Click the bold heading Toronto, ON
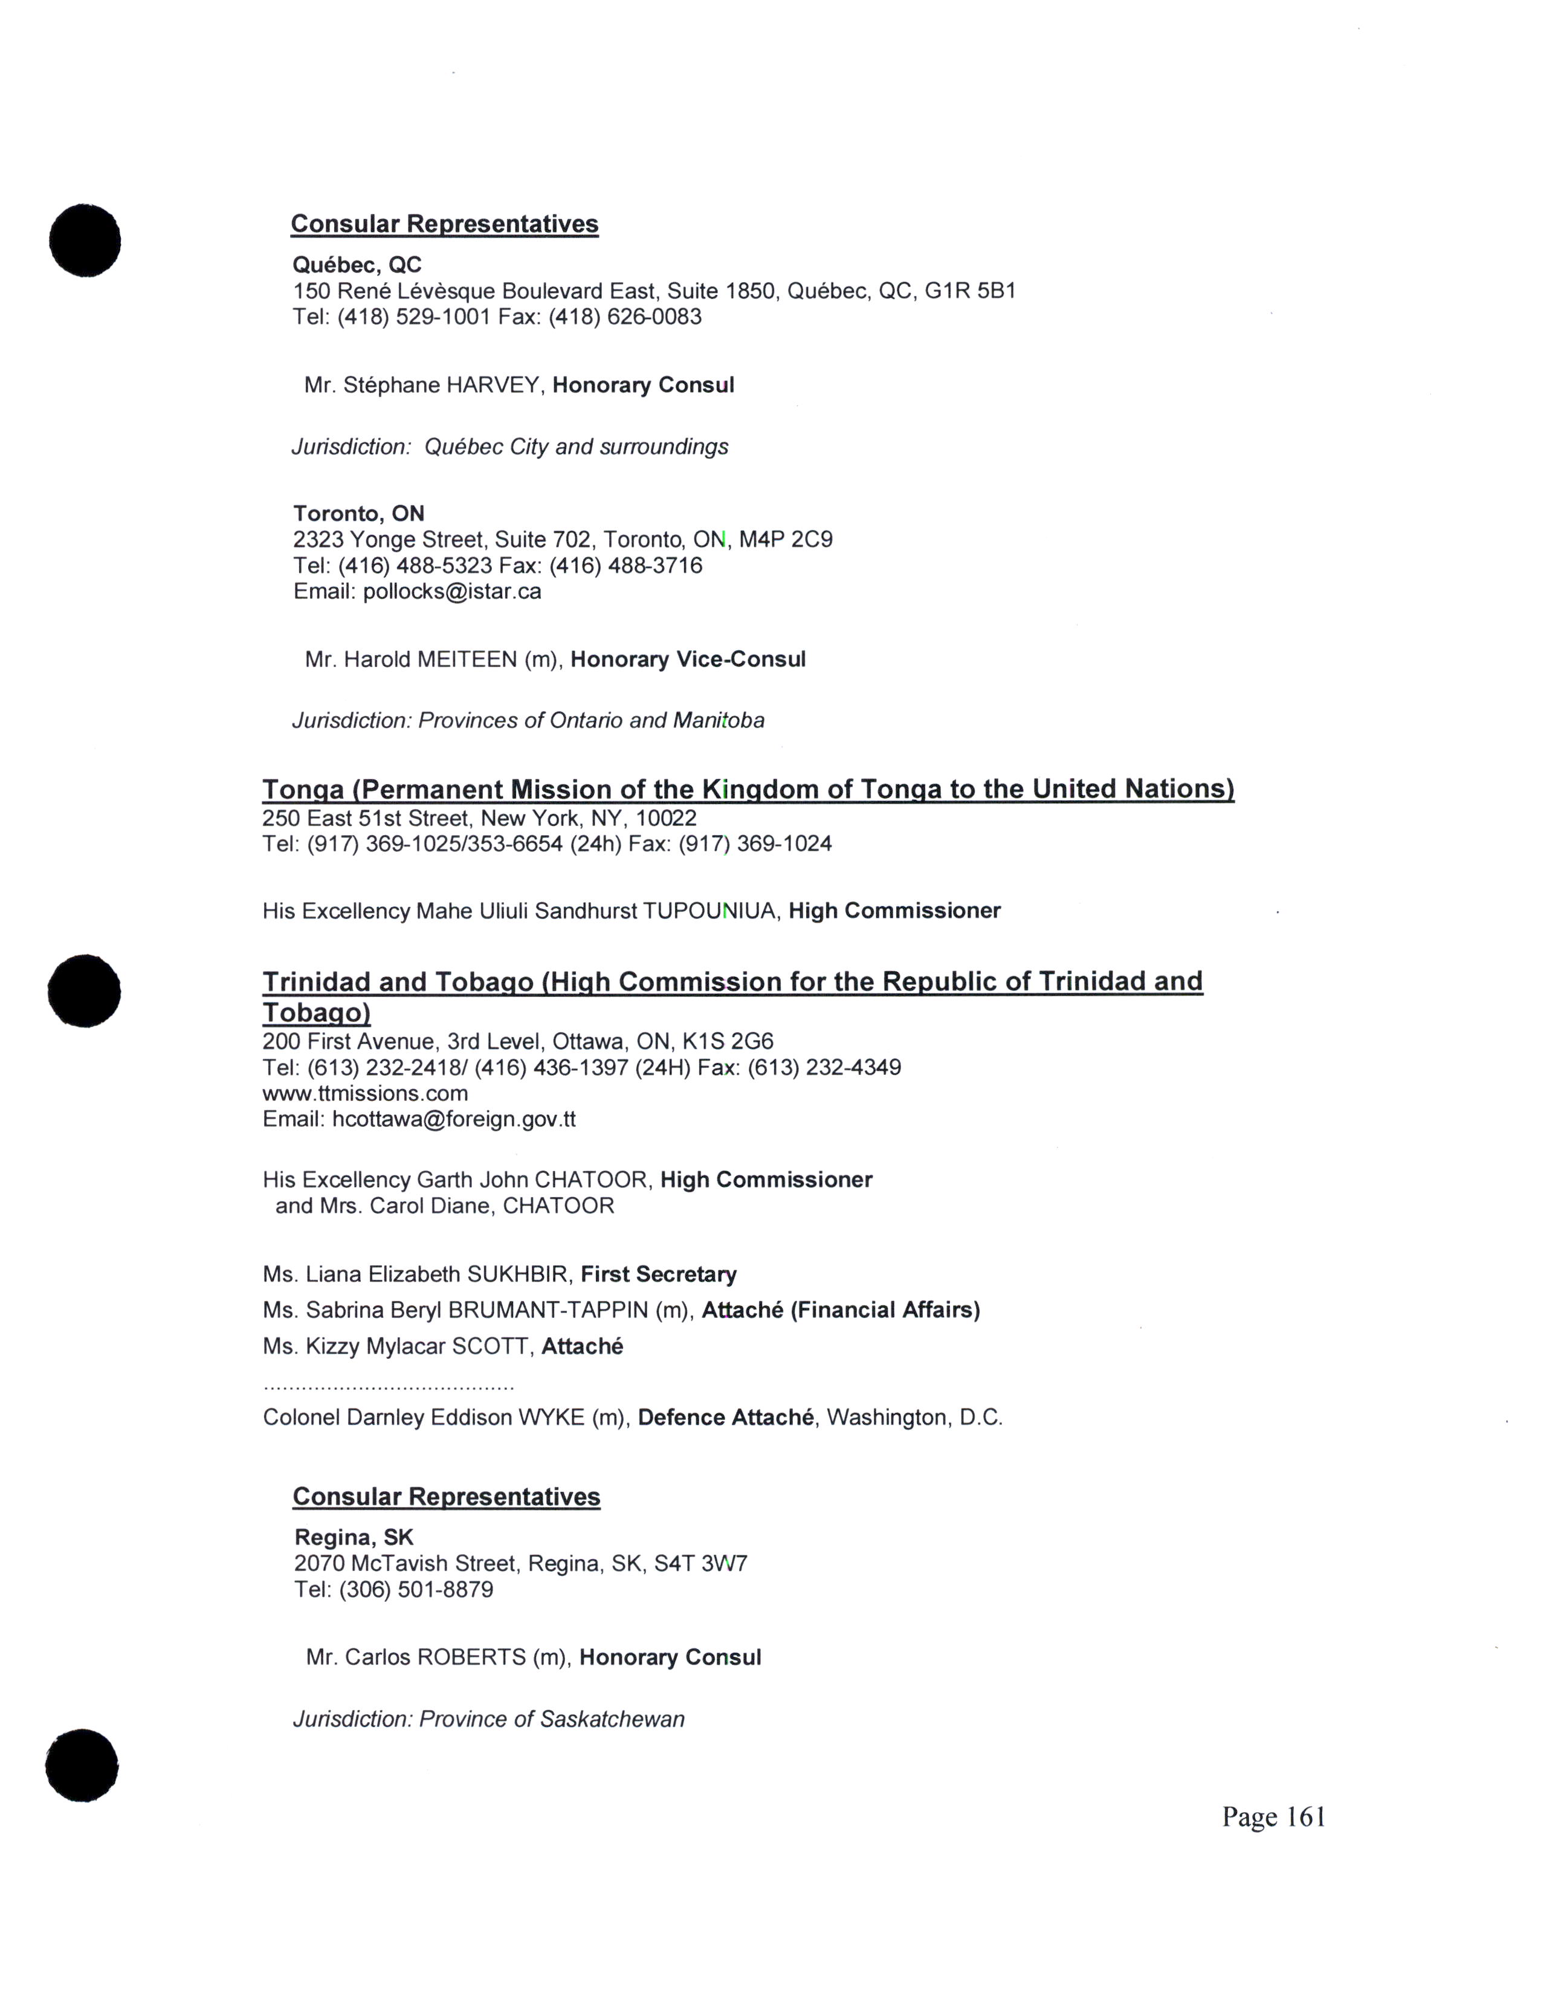tap(359, 513)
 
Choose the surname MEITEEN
tap(467, 659)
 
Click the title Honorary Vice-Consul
tap(688, 659)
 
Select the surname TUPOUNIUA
tap(710, 910)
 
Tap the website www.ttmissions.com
tap(365, 1093)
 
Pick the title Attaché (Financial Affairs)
tap(840, 1310)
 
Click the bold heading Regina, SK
tap(354, 1538)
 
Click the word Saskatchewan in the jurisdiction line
tap(612, 1719)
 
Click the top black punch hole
tap(85, 240)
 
